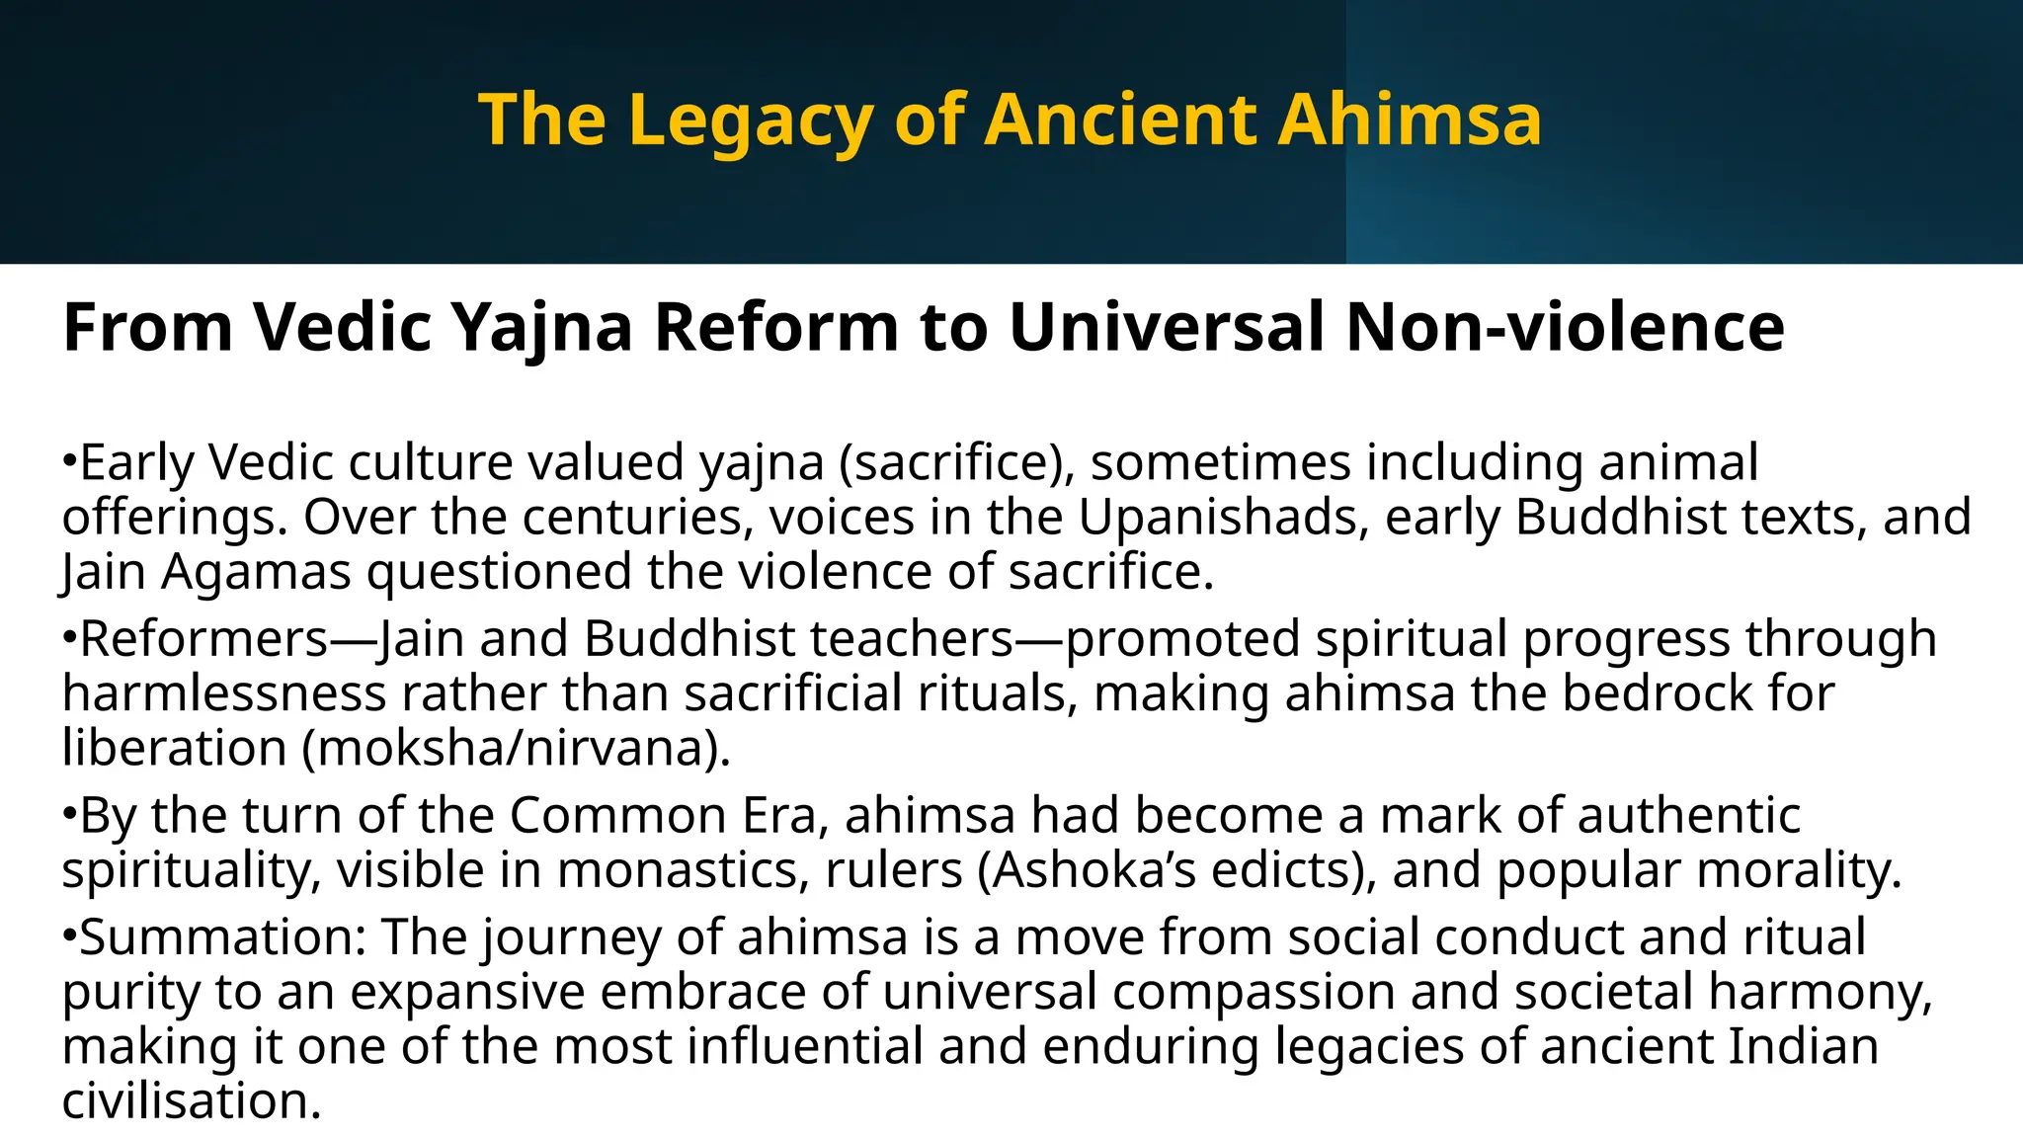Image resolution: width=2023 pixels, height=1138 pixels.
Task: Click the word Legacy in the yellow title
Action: tap(750, 121)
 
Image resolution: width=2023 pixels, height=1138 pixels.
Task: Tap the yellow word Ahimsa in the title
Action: tap(1410, 119)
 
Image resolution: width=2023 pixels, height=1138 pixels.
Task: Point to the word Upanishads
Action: tap(1223, 517)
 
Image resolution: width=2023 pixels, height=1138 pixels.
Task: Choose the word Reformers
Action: tap(204, 638)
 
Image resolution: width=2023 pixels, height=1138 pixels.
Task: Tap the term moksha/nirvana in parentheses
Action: tap(515, 748)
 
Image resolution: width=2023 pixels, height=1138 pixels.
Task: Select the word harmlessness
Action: tap(224, 692)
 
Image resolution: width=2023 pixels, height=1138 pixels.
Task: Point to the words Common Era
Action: tap(664, 816)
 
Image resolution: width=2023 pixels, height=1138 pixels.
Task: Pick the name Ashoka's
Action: tap(1077, 870)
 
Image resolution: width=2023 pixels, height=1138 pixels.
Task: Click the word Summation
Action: tap(222, 936)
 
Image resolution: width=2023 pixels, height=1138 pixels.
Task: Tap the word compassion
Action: tap(1254, 991)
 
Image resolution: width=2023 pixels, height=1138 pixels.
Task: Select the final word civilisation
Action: tap(191, 1100)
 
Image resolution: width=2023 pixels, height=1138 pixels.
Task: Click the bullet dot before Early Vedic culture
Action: tap(69, 461)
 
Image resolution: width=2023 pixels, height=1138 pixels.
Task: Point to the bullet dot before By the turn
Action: tap(69, 815)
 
